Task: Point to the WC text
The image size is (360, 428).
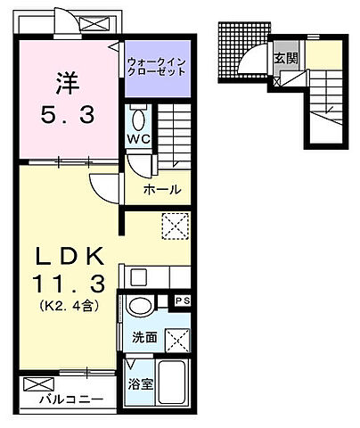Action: (138, 139)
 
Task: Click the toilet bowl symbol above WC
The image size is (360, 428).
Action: (138, 118)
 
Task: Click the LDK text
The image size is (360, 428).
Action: (70, 255)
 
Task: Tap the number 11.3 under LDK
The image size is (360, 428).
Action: (70, 284)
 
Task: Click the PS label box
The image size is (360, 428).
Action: (184, 301)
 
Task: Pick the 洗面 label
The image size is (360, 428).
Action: (145, 340)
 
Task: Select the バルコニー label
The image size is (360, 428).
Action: (70, 399)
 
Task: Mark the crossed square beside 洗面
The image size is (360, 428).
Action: (177, 339)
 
